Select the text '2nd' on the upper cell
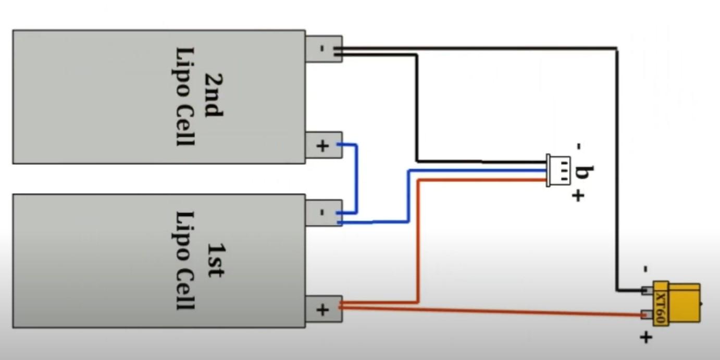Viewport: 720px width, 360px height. click(213, 97)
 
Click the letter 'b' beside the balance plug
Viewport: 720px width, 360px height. click(582, 172)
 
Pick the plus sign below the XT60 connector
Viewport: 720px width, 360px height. click(645, 338)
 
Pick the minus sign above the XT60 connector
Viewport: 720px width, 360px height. click(645, 269)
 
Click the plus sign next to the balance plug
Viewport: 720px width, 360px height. click(578, 196)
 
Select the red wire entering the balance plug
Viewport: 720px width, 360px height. click(418, 240)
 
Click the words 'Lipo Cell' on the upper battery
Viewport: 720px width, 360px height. click(185, 97)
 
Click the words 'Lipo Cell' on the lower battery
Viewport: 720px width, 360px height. click(185, 260)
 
